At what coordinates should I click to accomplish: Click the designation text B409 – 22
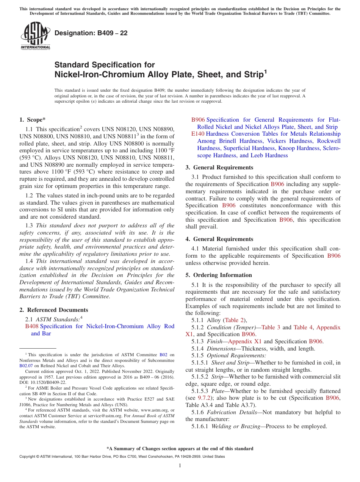(91, 33)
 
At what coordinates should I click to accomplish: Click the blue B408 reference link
(31, 326)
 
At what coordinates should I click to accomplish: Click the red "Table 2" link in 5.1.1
(235, 320)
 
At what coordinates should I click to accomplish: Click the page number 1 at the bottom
(180, 466)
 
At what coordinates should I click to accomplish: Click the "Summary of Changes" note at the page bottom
(180, 449)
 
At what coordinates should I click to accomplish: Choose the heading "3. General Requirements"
(219, 167)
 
